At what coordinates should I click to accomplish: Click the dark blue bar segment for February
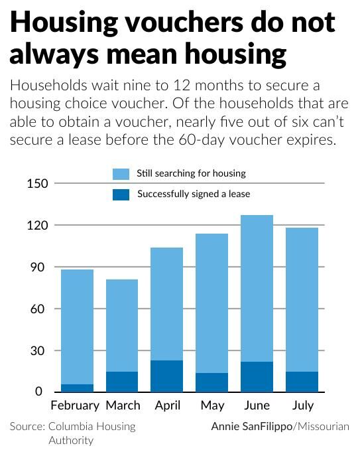click(78, 388)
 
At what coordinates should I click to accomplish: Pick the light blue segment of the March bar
click(121, 325)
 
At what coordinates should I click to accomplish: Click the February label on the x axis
click(75, 405)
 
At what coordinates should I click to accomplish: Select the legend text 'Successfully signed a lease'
click(193, 194)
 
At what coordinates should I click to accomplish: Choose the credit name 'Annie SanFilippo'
click(251, 426)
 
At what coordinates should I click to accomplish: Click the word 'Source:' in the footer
click(27, 426)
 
